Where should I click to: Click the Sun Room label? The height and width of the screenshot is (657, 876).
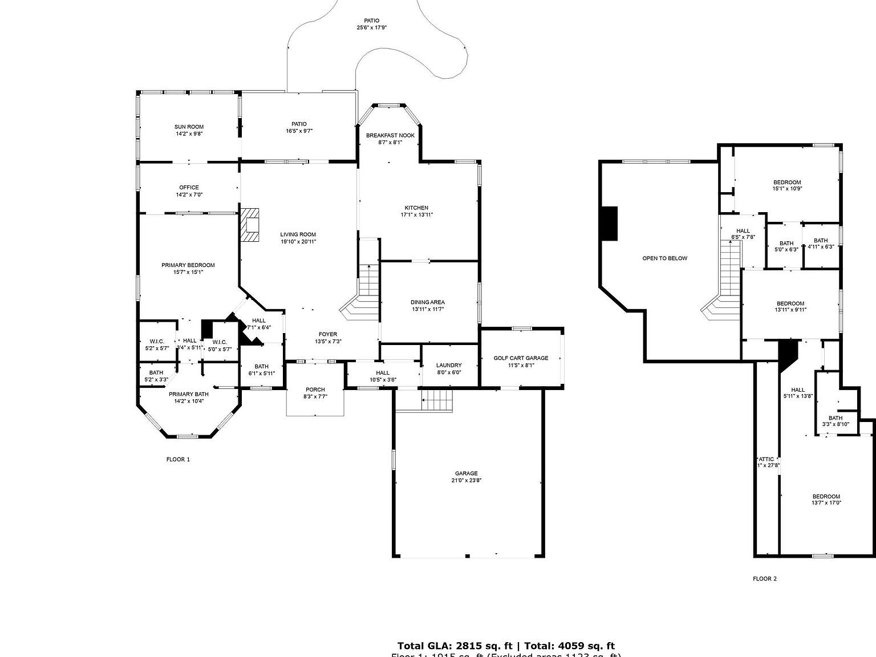tap(189, 127)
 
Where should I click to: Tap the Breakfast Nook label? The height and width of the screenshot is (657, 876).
tap(390, 135)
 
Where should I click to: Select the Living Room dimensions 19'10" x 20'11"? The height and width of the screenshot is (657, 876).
tap(298, 242)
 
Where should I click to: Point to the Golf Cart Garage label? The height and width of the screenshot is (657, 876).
tap(521, 358)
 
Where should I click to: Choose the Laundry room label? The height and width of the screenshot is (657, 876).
tap(449, 366)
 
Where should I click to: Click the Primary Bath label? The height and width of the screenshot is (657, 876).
tap(189, 394)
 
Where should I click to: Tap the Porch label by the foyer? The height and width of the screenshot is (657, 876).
tap(315, 390)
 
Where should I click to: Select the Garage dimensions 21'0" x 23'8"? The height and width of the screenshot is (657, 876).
tap(466, 480)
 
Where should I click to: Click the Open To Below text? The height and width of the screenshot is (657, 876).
tap(664, 258)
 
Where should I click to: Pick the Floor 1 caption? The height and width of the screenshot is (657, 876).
tap(178, 459)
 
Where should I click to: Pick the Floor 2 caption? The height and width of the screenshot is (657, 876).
tap(764, 579)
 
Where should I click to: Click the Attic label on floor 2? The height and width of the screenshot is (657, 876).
tap(766, 459)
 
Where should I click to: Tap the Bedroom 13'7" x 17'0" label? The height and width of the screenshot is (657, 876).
tap(826, 496)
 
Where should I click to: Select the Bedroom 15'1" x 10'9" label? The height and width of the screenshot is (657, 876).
tap(787, 182)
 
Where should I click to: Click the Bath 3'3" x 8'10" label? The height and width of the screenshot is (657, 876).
tap(836, 418)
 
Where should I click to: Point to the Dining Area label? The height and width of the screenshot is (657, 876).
tap(427, 302)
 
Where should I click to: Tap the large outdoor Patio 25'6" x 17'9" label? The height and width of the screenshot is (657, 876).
tap(371, 21)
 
